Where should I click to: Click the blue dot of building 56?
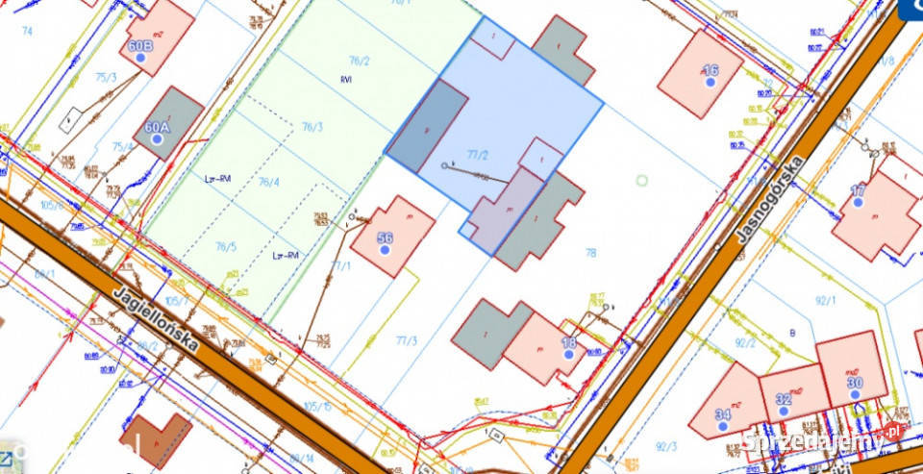(385, 250)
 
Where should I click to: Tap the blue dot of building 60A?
(158, 139)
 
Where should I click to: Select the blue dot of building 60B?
(141, 59)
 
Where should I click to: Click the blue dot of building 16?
(711, 83)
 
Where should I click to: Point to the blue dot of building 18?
(568, 354)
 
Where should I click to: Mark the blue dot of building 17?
(858, 203)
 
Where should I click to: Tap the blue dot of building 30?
(855, 395)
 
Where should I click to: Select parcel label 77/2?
(478, 154)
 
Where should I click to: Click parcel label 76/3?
(312, 127)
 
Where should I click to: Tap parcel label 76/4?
(268, 182)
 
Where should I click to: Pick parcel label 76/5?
(225, 246)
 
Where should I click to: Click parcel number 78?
(590, 252)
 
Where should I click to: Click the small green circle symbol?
(641, 180)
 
